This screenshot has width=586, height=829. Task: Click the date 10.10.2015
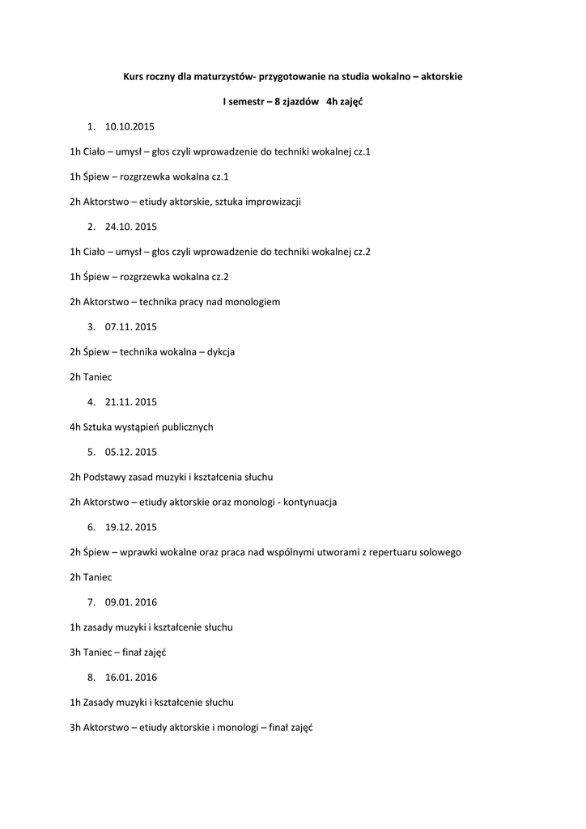pos(130,127)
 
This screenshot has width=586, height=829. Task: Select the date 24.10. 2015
pos(131,227)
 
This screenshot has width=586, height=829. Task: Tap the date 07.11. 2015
pos(131,327)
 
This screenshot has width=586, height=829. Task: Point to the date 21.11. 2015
pos(131,402)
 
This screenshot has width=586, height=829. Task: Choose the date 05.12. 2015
pos(131,452)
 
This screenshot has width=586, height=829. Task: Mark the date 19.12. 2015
pos(131,527)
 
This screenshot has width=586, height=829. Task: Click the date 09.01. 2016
pos(131,602)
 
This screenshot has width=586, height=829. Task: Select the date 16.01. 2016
pos(131,677)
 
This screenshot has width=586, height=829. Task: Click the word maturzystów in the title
pos(220,77)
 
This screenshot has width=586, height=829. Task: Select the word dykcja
pos(221,352)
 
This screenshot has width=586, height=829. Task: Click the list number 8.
pos(91,677)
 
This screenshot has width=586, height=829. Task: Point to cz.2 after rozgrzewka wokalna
pos(220,277)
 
